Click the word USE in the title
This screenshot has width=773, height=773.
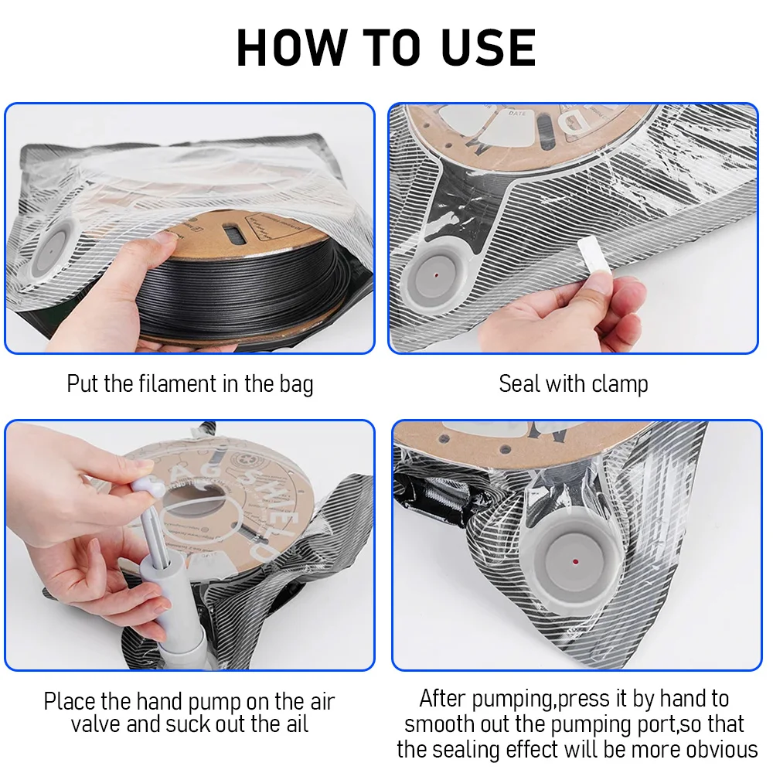pyautogui.click(x=488, y=48)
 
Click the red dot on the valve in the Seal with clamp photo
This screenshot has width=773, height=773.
pyautogui.click(x=437, y=276)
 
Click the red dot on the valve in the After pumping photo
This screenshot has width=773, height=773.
pyautogui.click(x=575, y=561)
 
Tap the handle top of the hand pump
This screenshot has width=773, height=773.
pyautogui.click(x=147, y=486)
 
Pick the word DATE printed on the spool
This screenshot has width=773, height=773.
pyautogui.click(x=517, y=114)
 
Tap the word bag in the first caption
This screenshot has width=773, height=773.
pyautogui.click(x=296, y=384)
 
